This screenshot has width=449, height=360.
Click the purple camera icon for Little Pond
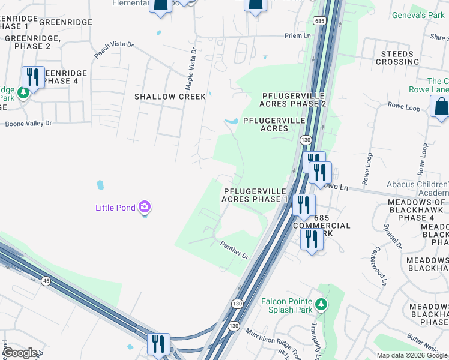144,208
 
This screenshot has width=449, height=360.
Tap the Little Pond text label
116,208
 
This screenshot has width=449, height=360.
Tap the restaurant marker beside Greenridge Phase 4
33,77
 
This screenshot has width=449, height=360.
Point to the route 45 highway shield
46,280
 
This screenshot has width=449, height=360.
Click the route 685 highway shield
318,20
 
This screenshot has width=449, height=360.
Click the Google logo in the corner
20,353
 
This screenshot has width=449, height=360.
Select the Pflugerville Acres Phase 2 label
294,100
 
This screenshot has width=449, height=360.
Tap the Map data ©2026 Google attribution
412,355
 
